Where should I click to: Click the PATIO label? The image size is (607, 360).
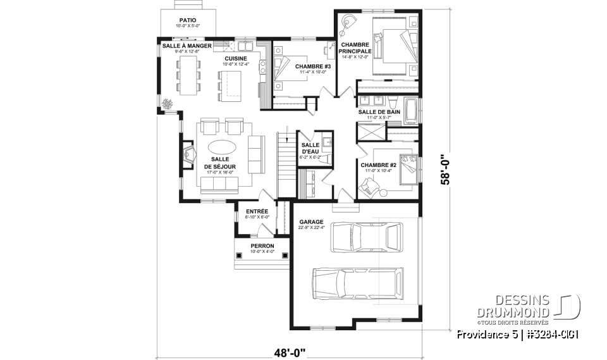pos(187,20)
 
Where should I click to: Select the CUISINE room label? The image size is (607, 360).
pos(235,58)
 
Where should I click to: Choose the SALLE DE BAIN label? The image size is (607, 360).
pos(379,112)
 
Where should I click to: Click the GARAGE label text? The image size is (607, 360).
pos(311,222)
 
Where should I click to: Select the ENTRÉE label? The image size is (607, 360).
pos(257,211)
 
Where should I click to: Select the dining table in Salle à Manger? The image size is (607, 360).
pos(188,75)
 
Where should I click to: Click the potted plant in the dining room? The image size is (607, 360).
pos(168,104)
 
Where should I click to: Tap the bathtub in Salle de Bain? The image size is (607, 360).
pos(411,112)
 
